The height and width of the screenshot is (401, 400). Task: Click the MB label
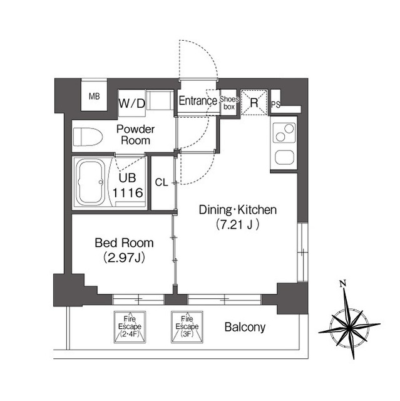tap(95, 96)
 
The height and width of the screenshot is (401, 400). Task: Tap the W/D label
tap(132, 103)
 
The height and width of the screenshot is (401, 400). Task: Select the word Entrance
tap(198, 101)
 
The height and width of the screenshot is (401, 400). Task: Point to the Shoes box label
tap(229, 103)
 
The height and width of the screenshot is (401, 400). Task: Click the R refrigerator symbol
tap(254, 103)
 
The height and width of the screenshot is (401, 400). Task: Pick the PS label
tap(275, 105)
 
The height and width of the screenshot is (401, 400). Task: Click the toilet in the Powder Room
tap(88, 137)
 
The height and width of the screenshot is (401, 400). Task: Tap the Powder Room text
tap(135, 135)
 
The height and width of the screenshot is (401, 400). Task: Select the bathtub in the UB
tap(91, 182)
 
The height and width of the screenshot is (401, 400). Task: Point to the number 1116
tap(128, 192)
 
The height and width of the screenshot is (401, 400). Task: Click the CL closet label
tap(162, 182)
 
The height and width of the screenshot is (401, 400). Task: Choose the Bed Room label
tap(124, 242)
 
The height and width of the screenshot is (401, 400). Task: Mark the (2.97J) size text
tap(124, 258)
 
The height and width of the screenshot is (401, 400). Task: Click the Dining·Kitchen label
tap(237, 210)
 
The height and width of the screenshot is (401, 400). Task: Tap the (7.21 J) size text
tap(237, 224)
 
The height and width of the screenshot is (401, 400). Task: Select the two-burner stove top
tap(284, 133)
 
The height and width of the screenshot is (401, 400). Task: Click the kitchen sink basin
tap(284, 157)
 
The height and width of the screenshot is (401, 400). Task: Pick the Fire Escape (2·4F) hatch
tap(130, 326)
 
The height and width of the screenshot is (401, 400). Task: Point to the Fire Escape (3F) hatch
tap(187, 326)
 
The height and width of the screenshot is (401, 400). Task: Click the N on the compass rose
tap(343, 283)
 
